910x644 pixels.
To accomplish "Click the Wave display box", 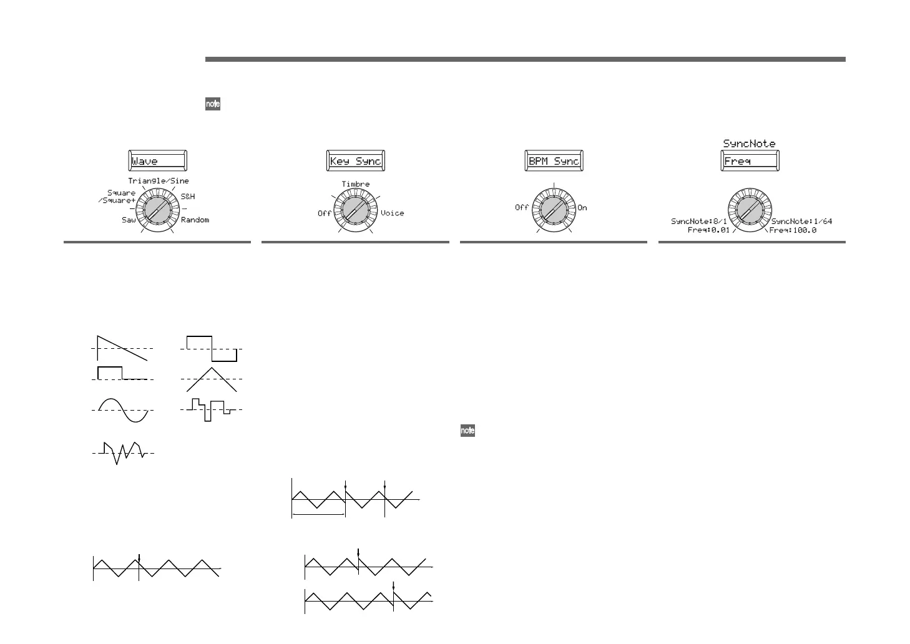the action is [157, 161].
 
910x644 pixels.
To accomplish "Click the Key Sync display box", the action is [355, 161].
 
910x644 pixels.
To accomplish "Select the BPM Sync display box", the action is [554, 161].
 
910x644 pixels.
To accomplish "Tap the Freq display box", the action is [750, 161].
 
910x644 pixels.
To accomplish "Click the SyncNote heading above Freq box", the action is [749, 144].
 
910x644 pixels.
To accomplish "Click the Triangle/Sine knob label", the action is [159, 181].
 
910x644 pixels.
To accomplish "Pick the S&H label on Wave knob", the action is [188, 197].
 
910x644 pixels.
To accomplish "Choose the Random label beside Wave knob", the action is [195, 220].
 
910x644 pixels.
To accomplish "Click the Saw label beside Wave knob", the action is [129, 220].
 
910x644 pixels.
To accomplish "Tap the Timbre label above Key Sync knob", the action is [355, 184].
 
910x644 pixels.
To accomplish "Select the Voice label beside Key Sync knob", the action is [392, 213].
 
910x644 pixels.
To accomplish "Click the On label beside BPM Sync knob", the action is [582, 208].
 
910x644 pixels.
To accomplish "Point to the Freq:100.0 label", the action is [793, 230].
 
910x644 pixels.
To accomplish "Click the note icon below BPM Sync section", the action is [467, 431].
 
